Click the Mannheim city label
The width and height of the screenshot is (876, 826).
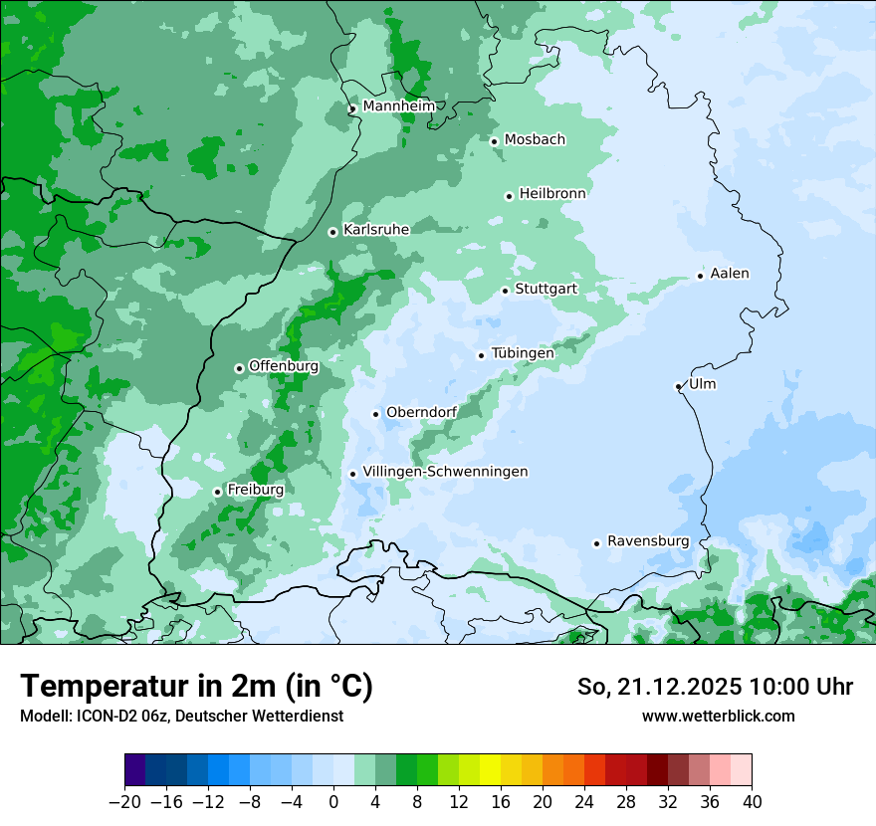pyautogui.click(x=398, y=106)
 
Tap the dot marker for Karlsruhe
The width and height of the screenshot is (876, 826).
pyautogui.click(x=333, y=232)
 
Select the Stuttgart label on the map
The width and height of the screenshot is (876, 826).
pyautogui.click(x=546, y=289)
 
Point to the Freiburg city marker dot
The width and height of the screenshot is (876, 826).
pyautogui.click(x=217, y=492)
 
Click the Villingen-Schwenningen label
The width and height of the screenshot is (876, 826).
pyautogui.click(x=445, y=472)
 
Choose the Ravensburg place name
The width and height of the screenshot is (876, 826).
pyautogui.click(x=648, y=541)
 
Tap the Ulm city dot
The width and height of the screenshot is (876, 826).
pyautogui.click(x=678, y=386)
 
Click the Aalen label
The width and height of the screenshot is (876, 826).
pyautogui.click(x=730, y=274)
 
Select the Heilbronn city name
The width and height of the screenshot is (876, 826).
pyautogui.click(x=552, y=194)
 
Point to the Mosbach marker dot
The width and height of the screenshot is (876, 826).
pyautogui.click(x=494, y=141)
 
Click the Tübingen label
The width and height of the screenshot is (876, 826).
pyautogui.click(x=523, y=353)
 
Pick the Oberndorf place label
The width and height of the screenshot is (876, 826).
pyautogui.click(x=421, y=412)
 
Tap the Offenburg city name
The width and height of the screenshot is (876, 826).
pyautogui.click(x=284, y=366)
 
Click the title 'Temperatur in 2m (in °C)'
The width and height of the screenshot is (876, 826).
pyautogui.click(x=196, y=687)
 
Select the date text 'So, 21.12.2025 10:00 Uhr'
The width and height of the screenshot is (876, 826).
pyautogui.click(x=715, y=687)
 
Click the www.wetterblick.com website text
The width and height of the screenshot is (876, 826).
pyautogui.click(x=718, y=716)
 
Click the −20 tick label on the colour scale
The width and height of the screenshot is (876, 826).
pyautogui.click(x=124, y=802)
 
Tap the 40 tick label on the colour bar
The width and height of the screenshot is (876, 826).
pyautogui.click(x=752, y=802)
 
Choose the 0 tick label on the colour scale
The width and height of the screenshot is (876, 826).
pyautogui.click(x=333, y=802)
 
